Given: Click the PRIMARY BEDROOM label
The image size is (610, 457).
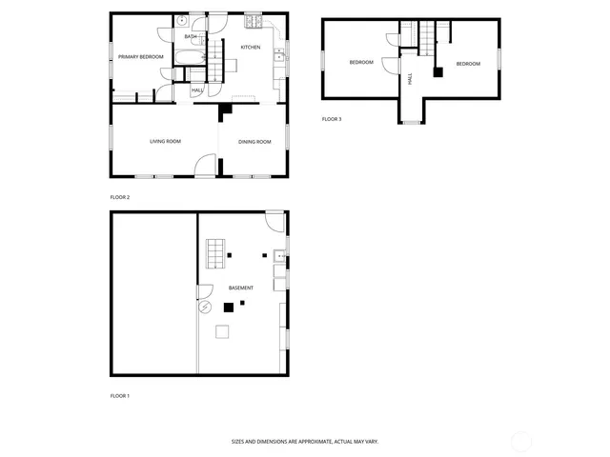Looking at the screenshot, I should click(140, 57).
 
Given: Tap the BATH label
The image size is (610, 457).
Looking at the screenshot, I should click(191, 37).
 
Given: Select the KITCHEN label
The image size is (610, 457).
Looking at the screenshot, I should click(251, 47).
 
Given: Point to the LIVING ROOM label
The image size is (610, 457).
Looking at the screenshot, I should click(165, 142).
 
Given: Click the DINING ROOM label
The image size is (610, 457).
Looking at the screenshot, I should click(254, 142).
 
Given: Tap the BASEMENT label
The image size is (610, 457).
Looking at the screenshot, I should click(241, 288).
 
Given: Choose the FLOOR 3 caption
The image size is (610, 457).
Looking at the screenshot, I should click(331, 119).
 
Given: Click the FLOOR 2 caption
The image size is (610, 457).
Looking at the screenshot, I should click(119, 197).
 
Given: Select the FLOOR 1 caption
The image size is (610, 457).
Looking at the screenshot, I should click(119, 395).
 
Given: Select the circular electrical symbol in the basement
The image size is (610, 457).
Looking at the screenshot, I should click(203, 308).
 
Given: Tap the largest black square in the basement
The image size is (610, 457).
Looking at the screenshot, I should click(228, 307).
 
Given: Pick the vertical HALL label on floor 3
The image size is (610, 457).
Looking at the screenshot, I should click(410, 79).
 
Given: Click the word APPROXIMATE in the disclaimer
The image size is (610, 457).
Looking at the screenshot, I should click(295, 442).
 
